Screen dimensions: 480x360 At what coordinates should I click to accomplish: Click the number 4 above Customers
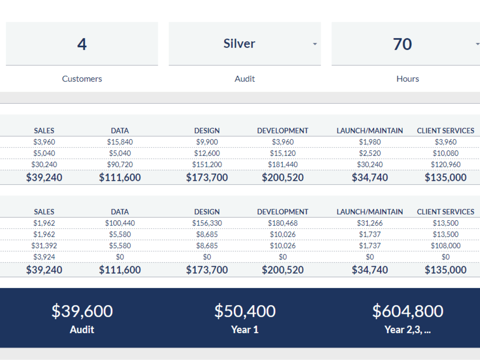[x=82, y=44]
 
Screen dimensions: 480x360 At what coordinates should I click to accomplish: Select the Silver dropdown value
[x=239, y=44]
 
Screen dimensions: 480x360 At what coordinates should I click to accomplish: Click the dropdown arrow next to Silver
[x=315, y=44]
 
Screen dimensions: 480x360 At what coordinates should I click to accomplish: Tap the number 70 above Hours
[x=402, y=44]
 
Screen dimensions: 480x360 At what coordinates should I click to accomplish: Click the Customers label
[x=82, y=79]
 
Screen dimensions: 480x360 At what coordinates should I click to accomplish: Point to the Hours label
[x=408, y=79]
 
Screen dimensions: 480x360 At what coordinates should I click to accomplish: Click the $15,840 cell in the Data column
[x=120, y=142]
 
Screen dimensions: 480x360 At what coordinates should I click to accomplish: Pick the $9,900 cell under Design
[x=207, y=142]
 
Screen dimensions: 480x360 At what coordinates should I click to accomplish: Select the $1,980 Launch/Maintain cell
[x=370, y=142]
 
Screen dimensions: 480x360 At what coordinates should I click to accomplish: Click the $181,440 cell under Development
[x=283, y=164]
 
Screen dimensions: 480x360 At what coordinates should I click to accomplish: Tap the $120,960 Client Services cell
[x=446, y=164]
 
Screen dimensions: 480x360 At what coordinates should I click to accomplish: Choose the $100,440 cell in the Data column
[x=120, y=223]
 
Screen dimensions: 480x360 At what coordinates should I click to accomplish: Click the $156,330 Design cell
[x=207, y=223]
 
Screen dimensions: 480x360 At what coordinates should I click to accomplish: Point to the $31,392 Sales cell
[x=44, y=245]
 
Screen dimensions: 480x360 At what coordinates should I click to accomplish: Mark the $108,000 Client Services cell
[x=446, y=245]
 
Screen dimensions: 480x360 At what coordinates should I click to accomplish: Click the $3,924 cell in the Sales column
[x=44, y=257]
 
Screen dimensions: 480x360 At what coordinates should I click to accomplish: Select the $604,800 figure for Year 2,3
[x=408, y=311]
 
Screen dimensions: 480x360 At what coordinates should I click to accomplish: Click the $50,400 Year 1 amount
[x=245, y=311]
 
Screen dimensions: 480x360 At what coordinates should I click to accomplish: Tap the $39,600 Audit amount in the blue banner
[x=82, y=311]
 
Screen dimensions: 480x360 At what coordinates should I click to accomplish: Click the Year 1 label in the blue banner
[x=245, y=330]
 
